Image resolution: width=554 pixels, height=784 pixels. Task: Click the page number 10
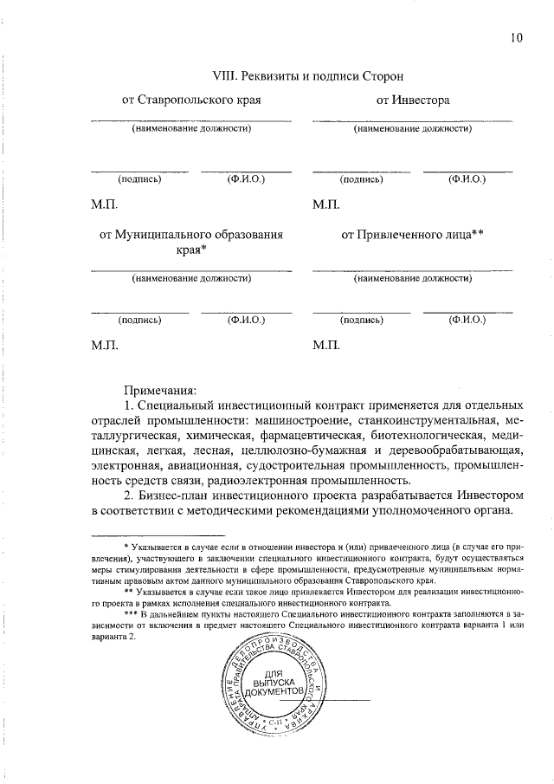coord(518,37)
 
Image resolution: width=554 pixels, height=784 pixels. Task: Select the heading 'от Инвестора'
coord(413,100)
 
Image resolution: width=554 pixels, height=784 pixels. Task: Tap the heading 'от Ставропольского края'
coord(191,100)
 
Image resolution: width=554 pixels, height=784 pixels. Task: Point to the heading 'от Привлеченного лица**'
coord(412,234)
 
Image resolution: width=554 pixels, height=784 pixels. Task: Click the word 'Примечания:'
coord(160,388)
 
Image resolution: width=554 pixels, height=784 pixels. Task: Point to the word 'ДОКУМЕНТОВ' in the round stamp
coord(274,695)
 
